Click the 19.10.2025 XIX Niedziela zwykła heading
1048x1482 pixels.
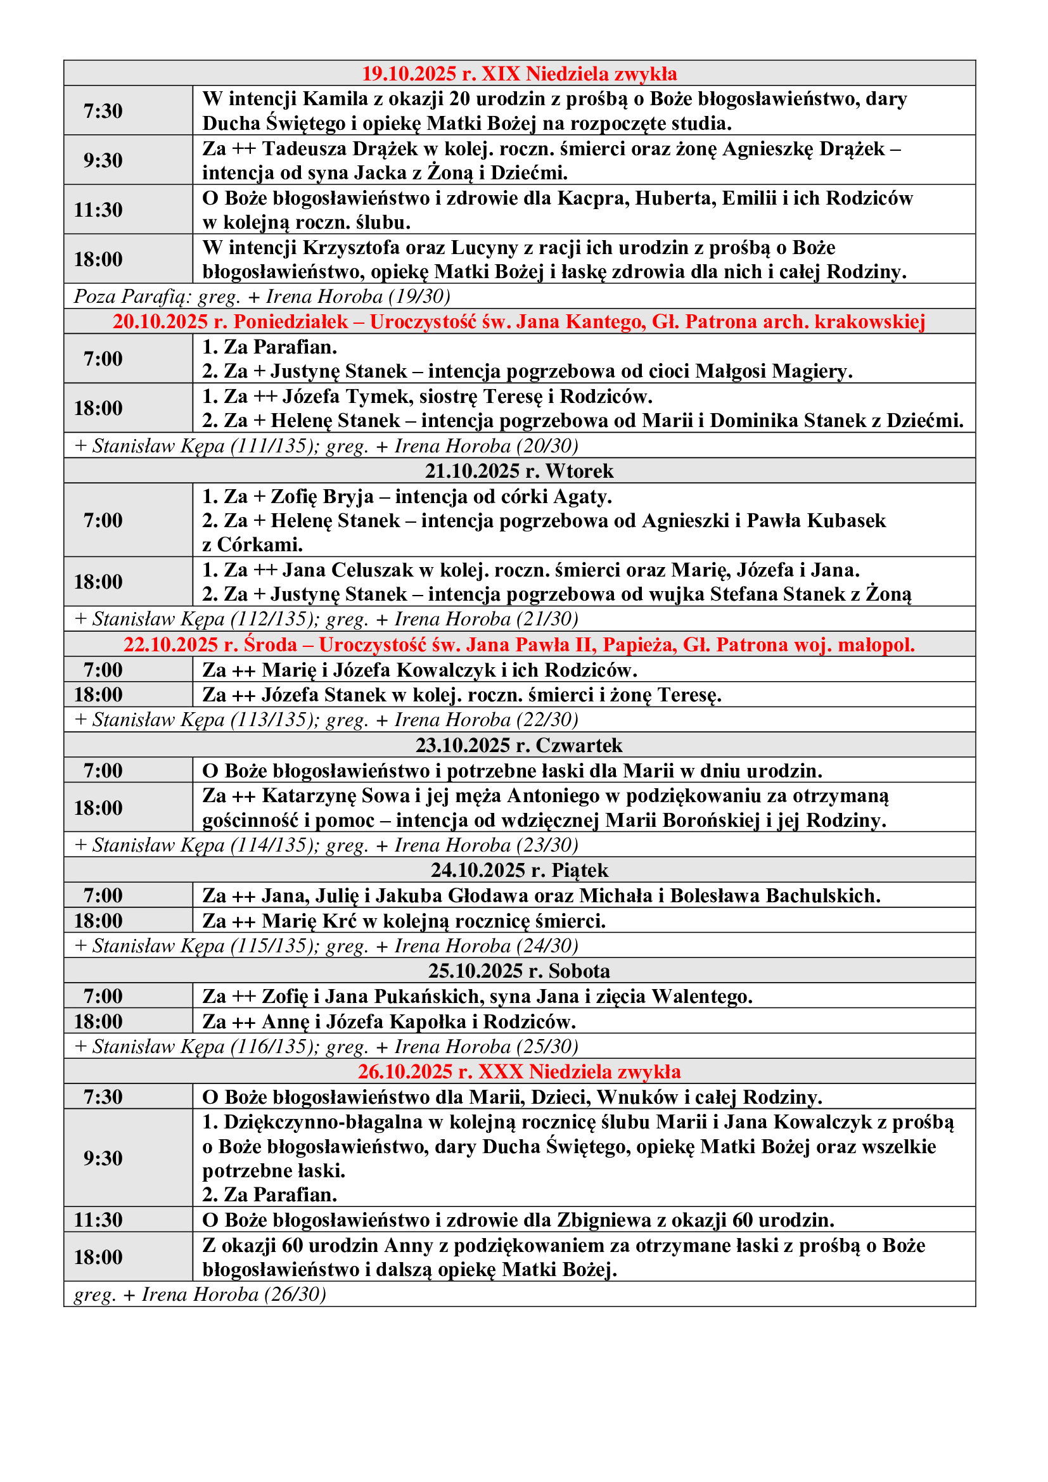519,73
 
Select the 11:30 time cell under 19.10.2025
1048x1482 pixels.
98,210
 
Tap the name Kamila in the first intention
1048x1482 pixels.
336,99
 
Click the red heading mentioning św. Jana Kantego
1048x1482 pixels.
519,321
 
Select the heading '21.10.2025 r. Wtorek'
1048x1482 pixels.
519,471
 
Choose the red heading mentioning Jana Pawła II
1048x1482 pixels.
519,644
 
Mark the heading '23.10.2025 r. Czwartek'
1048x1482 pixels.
519,745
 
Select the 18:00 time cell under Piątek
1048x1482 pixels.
98,921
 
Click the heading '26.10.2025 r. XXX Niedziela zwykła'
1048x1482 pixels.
519,1071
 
